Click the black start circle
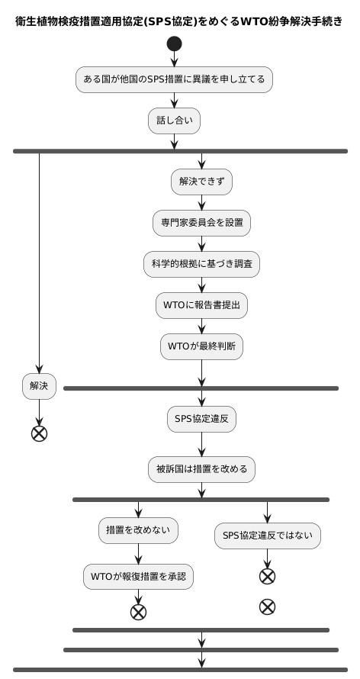click(174, 43)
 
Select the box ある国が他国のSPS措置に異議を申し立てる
click(174, 79)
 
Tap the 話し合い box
click(174, 120)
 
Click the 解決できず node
click(201, 182)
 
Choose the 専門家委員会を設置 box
click(201, 223)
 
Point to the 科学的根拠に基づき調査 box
click(201, 264)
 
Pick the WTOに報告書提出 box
click(201, 305)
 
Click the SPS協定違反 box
click(201, 418)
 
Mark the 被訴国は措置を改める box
click(201, 468)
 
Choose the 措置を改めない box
click(138, 529)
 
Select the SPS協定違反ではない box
click(267, 536)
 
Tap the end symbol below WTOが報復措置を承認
click(138, 611)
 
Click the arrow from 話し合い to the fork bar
click(174, 140)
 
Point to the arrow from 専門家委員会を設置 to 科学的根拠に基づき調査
click(201, 243)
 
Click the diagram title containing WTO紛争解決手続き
click(180, 21)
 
